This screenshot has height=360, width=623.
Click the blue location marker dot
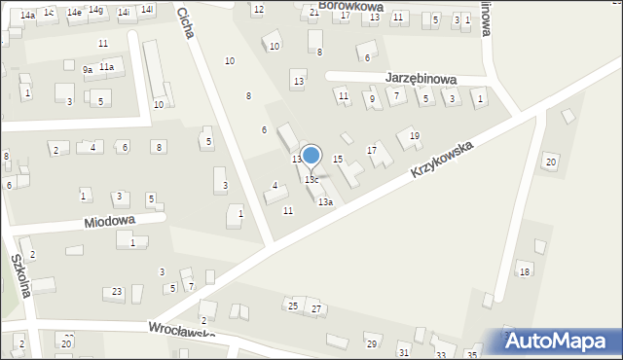click(311, 155)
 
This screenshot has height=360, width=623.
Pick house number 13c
click(311, 180)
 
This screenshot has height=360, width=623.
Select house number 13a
click(325, 202)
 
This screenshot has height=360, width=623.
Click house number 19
click(415, 135)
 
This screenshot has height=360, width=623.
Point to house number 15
click(338, 159)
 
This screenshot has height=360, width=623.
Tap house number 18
click(525, 271)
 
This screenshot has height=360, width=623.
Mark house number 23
click(118, 292)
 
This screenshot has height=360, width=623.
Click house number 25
click(293, 306)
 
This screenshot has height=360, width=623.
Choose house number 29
click(371, 344)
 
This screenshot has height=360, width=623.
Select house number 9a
click(88, 69)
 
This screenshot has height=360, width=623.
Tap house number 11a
click(106, 66)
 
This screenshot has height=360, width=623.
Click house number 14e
click(74, 12)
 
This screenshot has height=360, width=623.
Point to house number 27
click(315, 308)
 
